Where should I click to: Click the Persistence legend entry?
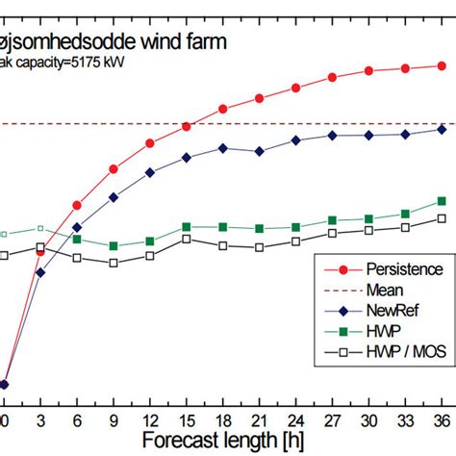(x=390, y=270)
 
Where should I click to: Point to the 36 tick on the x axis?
(x=442, y=420)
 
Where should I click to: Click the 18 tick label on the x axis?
(x=222, y=420)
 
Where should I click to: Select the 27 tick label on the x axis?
(x=332, y=420)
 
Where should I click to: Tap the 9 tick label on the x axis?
(x=114, y=420)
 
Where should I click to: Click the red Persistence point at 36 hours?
(x=442, y=65)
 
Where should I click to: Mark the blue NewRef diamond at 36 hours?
(x=442, y=129)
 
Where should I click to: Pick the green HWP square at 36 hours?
(x=442, y=201)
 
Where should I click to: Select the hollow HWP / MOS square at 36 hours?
(x=442, y=218)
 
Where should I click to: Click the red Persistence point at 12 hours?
(x=150, y=143)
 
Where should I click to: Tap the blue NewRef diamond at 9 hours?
(x=114, y=197)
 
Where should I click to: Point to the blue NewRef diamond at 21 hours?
(x=259, y=151)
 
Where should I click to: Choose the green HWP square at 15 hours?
(x=187, y=227)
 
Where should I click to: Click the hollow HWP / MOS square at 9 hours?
(x=114, y=263)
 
